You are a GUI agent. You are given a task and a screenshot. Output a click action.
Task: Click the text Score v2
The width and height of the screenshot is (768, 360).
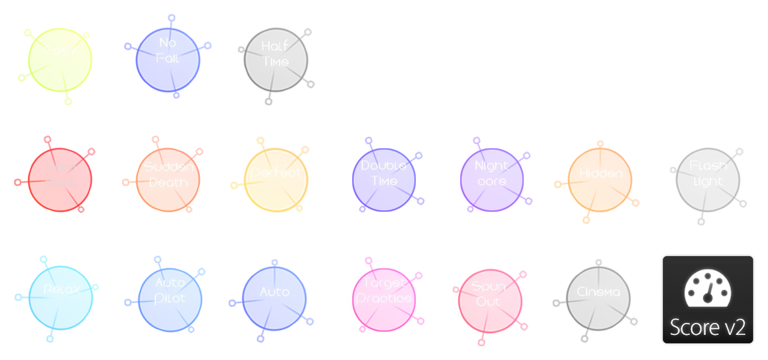(707, 328)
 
